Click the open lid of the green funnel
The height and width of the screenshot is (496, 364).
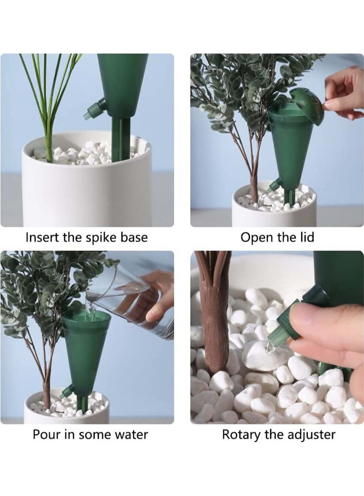(308, 105)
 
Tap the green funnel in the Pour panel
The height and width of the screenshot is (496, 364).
(86, 350)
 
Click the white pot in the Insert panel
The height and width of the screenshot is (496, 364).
(86, 191)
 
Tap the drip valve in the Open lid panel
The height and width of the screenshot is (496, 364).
(274, 184)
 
